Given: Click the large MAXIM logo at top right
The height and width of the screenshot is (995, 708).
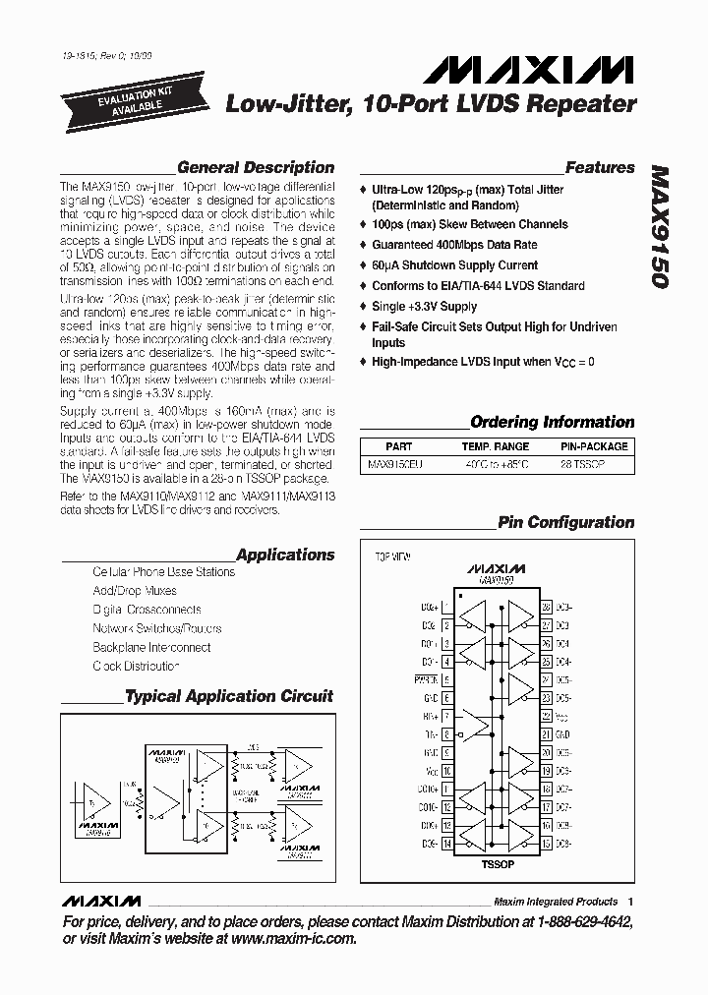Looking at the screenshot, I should (x=529, y=70).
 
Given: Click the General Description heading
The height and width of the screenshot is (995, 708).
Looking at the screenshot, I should (x=256, y=168).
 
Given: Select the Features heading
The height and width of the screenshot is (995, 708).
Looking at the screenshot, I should (x=600, y=168).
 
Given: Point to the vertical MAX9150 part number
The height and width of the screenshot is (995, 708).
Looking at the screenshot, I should (x=660, y=226).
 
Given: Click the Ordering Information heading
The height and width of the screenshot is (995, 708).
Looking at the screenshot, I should (x=553, y=423).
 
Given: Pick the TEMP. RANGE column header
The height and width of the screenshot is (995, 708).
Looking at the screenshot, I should (x=495, y=446).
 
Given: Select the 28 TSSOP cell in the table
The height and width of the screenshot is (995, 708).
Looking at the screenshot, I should (x=583, y=462).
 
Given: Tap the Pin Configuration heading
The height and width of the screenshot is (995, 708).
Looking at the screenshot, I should (x=566, y=523).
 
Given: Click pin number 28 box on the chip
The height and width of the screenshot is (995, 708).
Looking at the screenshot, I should (x=546, y=608).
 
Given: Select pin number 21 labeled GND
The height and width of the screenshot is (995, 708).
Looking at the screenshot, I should (x=546, y=733).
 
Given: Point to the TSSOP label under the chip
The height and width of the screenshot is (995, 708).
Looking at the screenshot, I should (x=497, y=864).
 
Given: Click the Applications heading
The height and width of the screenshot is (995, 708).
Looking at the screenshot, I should (x=285, y=556).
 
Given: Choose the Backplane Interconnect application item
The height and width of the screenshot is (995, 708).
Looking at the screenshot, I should (x=151, y=648).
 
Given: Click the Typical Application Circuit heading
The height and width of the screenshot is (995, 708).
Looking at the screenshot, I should (x=228, y=696).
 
